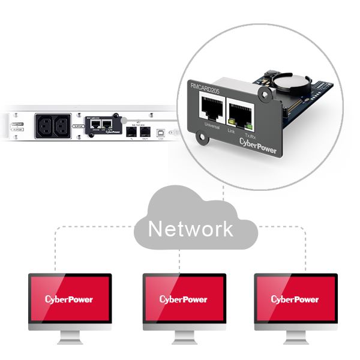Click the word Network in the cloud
click(190, 229)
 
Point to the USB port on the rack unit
click(160, 131)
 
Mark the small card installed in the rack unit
click(101, 125)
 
